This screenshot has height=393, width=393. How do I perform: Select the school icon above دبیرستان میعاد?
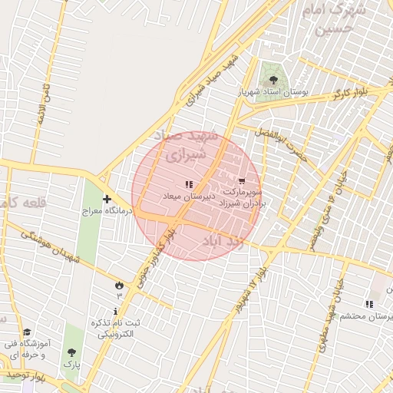[x=189, y=184]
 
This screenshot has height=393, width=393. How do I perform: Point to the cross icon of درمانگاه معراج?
[x=107, y=200]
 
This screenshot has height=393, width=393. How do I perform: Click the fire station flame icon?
[x=119, y=286]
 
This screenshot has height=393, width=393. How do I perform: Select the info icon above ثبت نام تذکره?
[x=116, y=312]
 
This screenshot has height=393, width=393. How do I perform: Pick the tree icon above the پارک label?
[x=71, y=352]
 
